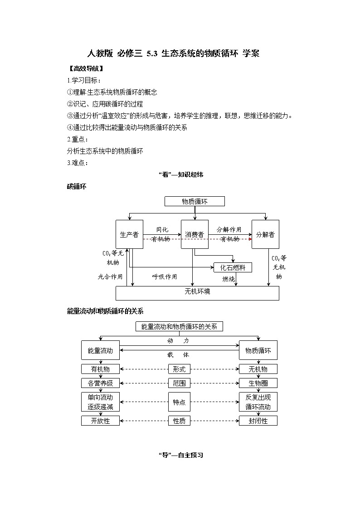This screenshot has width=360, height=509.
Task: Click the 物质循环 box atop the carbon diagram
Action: [x=195, y=202]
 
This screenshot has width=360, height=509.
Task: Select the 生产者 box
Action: [x=129, y=234]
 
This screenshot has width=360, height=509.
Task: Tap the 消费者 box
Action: [x=195, y=234]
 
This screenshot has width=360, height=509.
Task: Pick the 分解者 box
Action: [x=265, y=234]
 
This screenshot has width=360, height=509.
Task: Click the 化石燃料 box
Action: [x=233, y=267]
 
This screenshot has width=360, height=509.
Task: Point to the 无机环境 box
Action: [x=197, y=292]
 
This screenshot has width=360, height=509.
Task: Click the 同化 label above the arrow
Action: [x=162, y=229]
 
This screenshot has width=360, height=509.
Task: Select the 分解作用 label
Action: [x=229, y=229]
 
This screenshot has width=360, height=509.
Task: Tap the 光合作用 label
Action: [x=110, y=276]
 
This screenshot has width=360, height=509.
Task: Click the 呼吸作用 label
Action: [x=165, y=276]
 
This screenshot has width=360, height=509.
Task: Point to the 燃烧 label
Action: [x=229, y=279]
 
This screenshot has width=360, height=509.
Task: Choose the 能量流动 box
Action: [x=100, y=350]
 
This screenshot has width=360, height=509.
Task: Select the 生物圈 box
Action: [x=258, y=383]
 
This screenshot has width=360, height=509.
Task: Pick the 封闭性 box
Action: [x=258, y=421]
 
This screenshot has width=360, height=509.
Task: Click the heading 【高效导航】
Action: [x=85, y=69]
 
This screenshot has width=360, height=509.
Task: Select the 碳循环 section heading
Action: [x=77, y=186]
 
